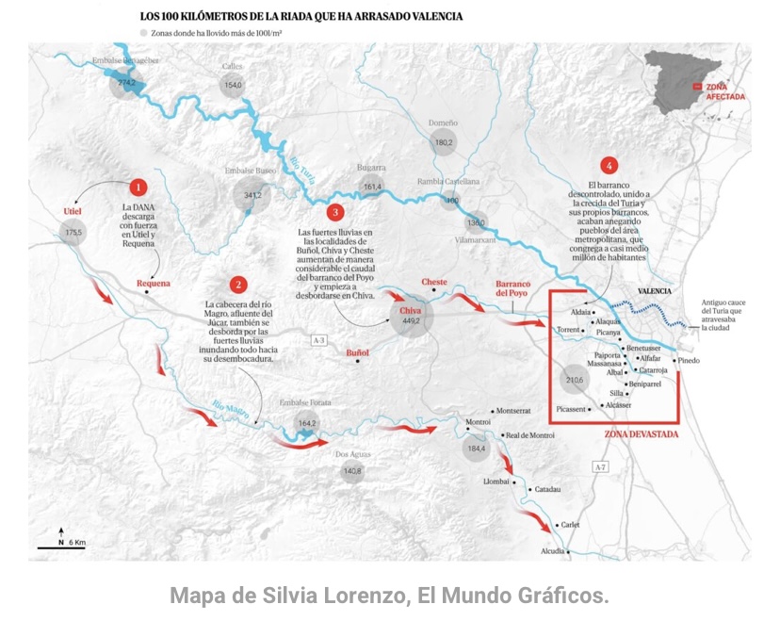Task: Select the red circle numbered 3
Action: pyautogui.click(x=336, y=212)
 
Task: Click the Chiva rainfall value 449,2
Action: pyautogui.click(x=411, y=321)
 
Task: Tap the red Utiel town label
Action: pyautogui.click(x=73, y=211)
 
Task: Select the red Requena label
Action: pyautogui.click(x=154, y=283)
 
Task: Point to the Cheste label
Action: pyautogui.click(x=434, y=282)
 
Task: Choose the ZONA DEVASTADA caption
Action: pyautogui.click(x=641, y=435)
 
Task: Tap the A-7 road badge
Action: pyautogui.click(x=600, y=466)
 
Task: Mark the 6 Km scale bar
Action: pyautogui.click(x=61, y=545)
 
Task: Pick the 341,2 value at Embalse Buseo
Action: pyautogui.click(x=252, y=196)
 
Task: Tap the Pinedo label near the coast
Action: pyautogui.click(x=688, y=360)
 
